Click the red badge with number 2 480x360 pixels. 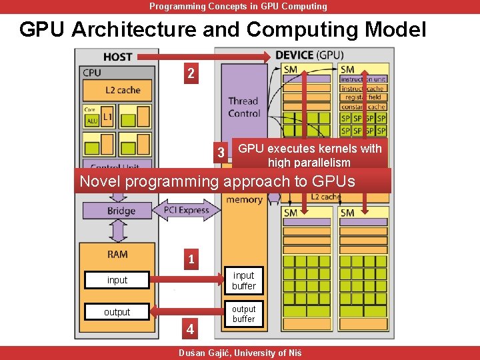pos(191,73)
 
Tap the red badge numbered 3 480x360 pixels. pos(221,153)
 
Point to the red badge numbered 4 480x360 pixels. pos(191,329)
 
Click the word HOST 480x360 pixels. pos(117,57)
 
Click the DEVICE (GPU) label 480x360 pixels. pos(309,55)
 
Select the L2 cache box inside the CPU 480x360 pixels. pos(117,91)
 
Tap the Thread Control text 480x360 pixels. pos(243,107)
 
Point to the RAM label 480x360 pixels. pos(117,254)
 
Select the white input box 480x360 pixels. pos(117,280)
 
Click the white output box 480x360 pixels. pos(117,312)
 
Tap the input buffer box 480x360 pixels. pos(243,280)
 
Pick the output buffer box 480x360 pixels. pos(243,314)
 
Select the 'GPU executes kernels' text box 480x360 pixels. pos(310,155)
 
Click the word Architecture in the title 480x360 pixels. pos(158,29)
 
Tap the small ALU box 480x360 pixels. pos(91,121)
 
